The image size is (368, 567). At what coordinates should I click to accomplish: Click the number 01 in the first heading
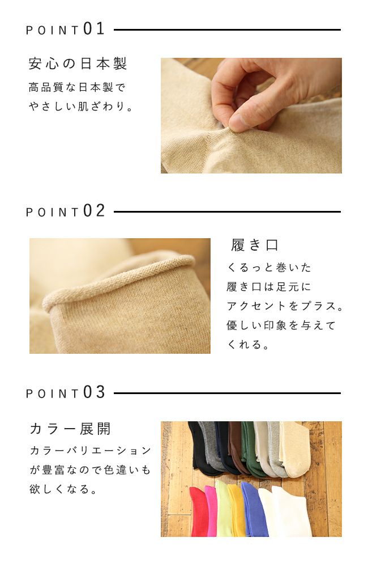94,29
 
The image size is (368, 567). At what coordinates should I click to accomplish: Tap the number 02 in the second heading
94,211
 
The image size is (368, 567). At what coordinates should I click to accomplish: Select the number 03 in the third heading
94,392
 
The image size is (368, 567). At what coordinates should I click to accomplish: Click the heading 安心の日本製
78,63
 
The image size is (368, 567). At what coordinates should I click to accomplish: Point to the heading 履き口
255,245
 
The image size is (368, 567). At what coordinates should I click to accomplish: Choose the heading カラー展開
70,429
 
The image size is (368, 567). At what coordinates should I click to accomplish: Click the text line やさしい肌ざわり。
82,106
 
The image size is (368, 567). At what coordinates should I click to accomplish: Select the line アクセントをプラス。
285,306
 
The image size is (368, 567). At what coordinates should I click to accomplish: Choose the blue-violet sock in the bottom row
254,510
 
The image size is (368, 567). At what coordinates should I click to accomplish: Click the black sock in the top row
196,448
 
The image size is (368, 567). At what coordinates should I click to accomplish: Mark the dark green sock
250,448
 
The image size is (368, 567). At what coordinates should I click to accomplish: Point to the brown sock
236,448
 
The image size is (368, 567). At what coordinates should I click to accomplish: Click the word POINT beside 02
52,212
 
